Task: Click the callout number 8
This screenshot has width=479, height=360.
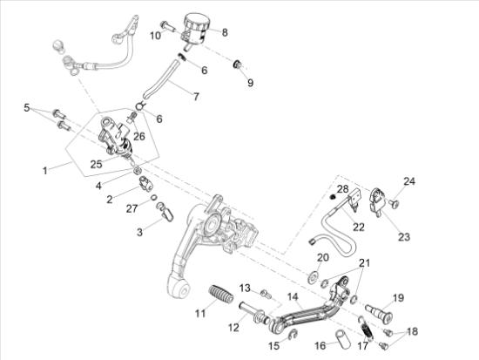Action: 225,32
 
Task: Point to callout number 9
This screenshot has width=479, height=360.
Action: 250,83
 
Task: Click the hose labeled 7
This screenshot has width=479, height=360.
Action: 162,79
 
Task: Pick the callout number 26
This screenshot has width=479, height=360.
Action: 139,136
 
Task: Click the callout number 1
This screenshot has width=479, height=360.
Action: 45,171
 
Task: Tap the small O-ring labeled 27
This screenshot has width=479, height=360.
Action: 154,198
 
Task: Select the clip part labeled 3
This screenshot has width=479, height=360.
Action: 165,210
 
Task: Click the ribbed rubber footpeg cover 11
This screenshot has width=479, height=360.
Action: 221,294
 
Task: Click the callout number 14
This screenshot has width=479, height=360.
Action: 293,296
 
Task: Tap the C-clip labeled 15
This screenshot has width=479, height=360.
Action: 293,335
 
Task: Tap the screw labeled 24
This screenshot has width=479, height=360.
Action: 394,203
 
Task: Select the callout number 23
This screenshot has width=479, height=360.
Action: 404,237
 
